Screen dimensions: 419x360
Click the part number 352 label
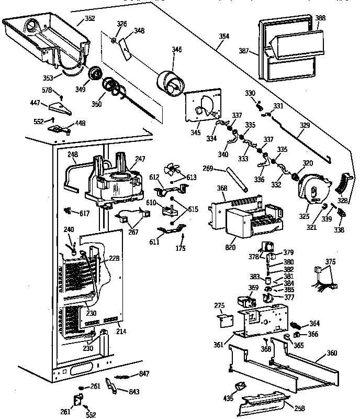click(x=90, y=20)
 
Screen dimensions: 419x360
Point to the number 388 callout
click(x=320, y=18)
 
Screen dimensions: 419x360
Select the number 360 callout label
click(x=332, y=354)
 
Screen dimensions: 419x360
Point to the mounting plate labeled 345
click(x=201, y=105)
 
